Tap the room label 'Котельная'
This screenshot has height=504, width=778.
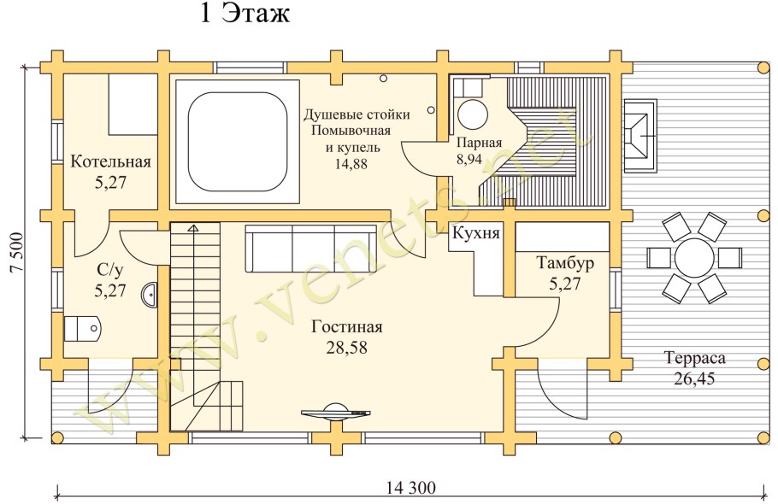tap(110, 161)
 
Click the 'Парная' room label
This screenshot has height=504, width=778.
tap(478, 143)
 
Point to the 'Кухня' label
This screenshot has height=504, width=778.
tap(476, 233)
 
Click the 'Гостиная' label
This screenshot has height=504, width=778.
tap(346, 327)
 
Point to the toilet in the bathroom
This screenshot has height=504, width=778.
tap(84, 328)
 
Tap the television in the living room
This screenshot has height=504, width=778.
tap(337, 412)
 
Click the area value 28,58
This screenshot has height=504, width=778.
tap(346, 347)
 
